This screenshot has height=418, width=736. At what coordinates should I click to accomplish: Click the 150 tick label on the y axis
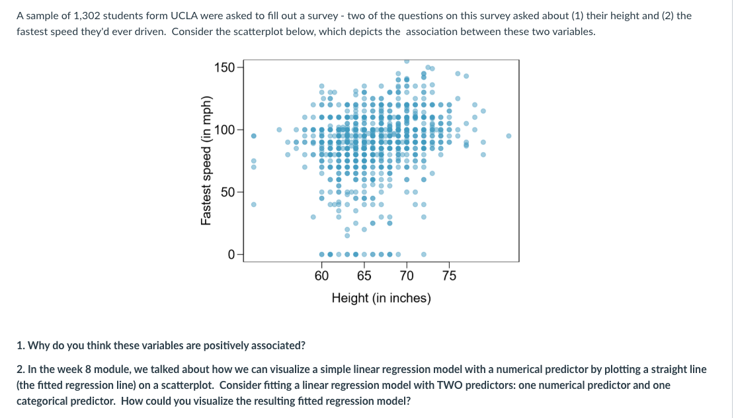(224, 68)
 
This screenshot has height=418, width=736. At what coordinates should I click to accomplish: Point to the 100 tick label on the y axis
(224, 130)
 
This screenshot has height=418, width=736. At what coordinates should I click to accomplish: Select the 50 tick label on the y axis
(227, 192)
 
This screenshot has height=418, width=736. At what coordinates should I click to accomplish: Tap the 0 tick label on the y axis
(231, 253)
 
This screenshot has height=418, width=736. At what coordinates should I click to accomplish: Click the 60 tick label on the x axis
(321, 276)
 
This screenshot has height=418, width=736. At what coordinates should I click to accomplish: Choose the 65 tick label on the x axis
(364, 276)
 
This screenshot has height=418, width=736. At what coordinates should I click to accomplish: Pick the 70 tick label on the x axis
(407, 276)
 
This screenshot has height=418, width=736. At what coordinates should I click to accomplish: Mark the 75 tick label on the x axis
(449, 276)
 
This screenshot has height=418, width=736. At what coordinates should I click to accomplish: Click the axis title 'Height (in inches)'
(381, 298)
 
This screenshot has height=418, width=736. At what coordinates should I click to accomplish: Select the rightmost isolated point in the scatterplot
(509, 136)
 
